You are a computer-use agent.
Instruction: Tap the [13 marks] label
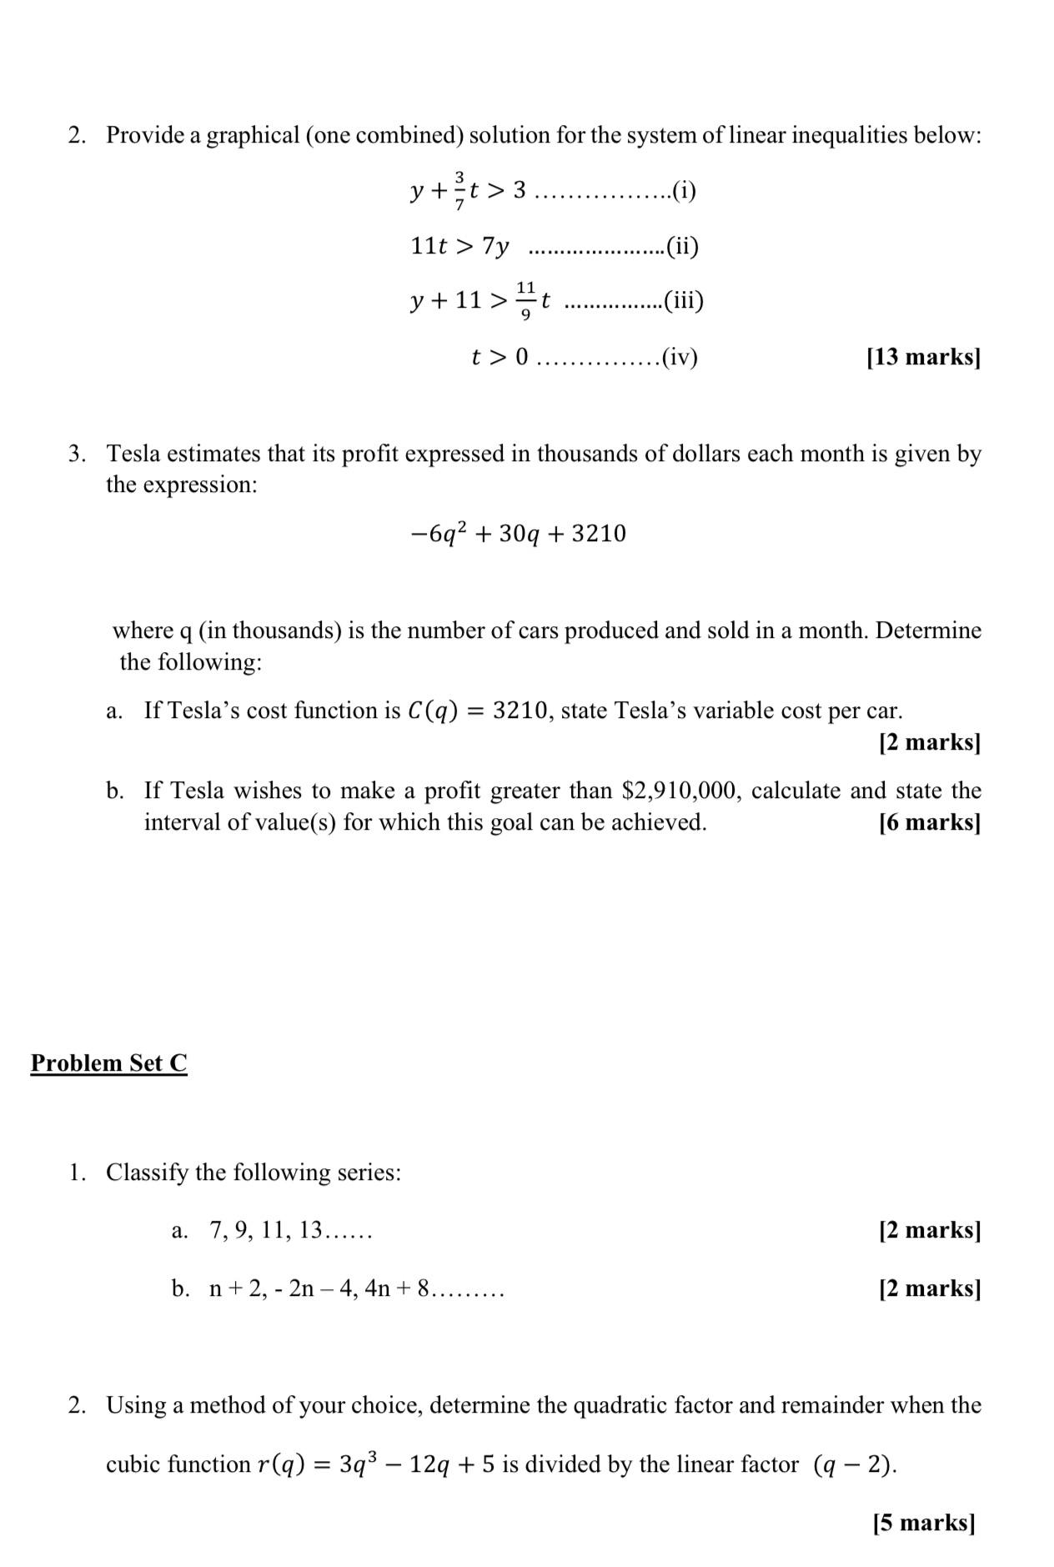click(x=923, y=357)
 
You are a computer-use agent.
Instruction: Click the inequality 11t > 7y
click(x=459, y=246)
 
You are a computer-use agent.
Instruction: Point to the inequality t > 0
click(x=499, y=357)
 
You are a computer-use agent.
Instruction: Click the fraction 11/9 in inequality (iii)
click(x=524, y=300)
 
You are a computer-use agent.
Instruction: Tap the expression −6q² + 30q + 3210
click(x=519, y=533)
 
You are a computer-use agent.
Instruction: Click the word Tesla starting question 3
click(x=133, y=454)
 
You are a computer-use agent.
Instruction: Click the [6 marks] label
click(x=929, y=822)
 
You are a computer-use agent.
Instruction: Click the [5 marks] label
click(x=923, y=1523)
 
